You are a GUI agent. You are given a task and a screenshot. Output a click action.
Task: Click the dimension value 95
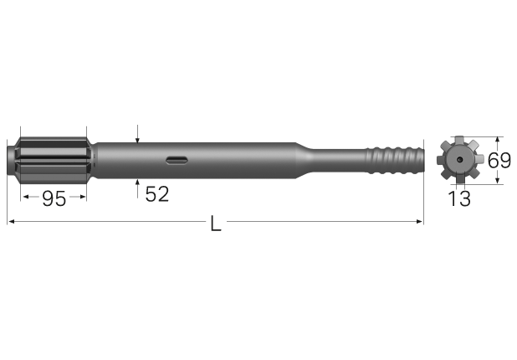54,198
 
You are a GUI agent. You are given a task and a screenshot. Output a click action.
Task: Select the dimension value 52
156,194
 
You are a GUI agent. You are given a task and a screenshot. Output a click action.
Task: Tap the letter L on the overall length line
216,224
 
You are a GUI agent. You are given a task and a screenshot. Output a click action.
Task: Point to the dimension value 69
499,160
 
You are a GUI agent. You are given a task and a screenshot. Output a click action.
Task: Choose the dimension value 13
458,198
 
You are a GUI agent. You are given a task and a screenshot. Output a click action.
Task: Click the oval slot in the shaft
177,159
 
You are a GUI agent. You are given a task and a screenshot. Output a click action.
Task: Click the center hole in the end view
459,159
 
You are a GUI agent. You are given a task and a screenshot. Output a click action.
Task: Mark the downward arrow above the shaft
136,137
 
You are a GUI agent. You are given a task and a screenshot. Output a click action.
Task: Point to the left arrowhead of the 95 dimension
25,198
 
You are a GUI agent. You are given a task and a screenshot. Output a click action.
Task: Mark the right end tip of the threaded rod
422,158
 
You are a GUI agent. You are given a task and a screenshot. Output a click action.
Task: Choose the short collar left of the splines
13,158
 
